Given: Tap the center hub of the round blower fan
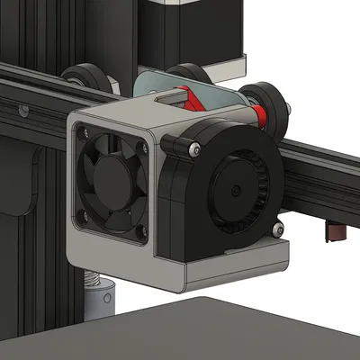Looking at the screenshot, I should click(x=236, y=190).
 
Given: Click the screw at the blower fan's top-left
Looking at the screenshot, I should click(x=192, y=148).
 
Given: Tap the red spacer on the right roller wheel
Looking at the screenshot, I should click(x=260, y=115).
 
